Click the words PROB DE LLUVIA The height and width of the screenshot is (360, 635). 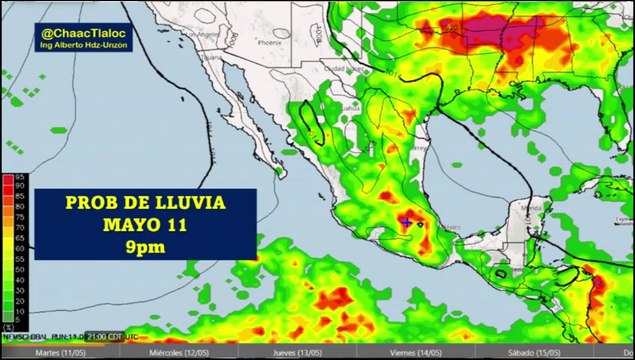point(145,203)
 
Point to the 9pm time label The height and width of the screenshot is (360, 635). point(145,244)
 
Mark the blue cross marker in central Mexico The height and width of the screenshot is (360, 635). point(407,221)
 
